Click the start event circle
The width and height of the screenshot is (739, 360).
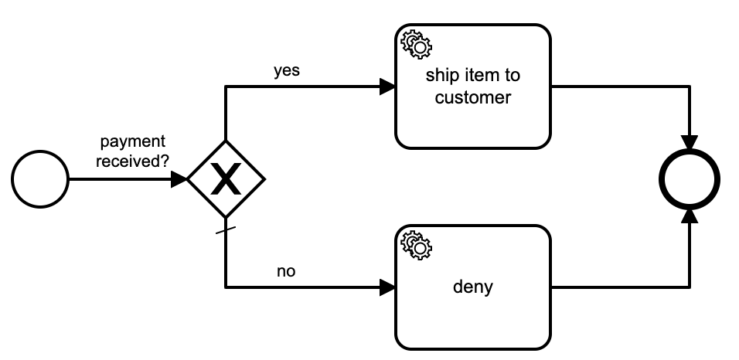click(40, 179)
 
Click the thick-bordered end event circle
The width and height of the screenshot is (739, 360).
click(690, 179)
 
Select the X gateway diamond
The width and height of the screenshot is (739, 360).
click(226, 179)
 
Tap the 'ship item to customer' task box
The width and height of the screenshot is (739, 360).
click(473, 87)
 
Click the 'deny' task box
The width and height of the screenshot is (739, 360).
click(473, 287)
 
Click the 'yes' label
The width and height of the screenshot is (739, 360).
click(287, 70)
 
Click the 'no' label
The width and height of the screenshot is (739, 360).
click(287, 272)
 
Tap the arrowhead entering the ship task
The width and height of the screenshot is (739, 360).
click(388, 87)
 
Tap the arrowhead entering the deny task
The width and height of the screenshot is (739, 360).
click(388, 287)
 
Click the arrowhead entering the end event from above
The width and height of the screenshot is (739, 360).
click(690, 143)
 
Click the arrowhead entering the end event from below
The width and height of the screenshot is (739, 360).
click(690, 216)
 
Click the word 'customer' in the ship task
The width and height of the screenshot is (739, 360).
click(473, 97)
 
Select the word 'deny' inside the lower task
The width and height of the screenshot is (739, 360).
click(473, 288)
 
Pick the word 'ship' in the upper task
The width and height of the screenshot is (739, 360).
click(441, 76)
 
